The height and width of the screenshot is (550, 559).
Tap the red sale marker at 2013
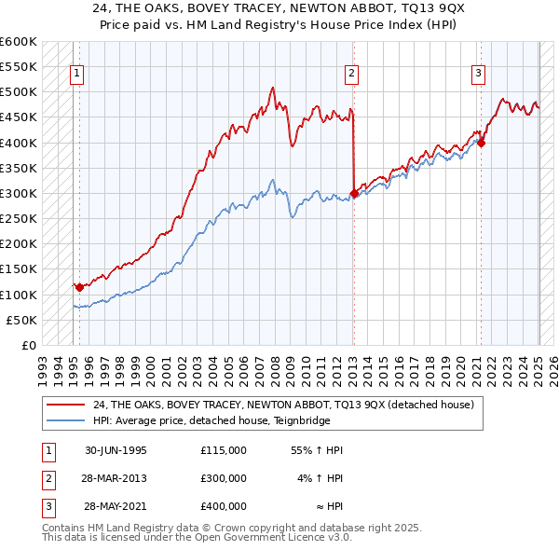(354, 194)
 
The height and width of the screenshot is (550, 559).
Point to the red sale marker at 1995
(80, 287)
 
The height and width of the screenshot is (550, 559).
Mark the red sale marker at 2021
(481, 143)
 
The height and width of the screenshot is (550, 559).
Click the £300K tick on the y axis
(19, 194)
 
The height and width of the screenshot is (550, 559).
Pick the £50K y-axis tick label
(22, 320)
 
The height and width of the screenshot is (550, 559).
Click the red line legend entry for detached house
(283, 405)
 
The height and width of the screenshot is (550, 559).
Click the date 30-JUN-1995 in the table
(116, 450)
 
